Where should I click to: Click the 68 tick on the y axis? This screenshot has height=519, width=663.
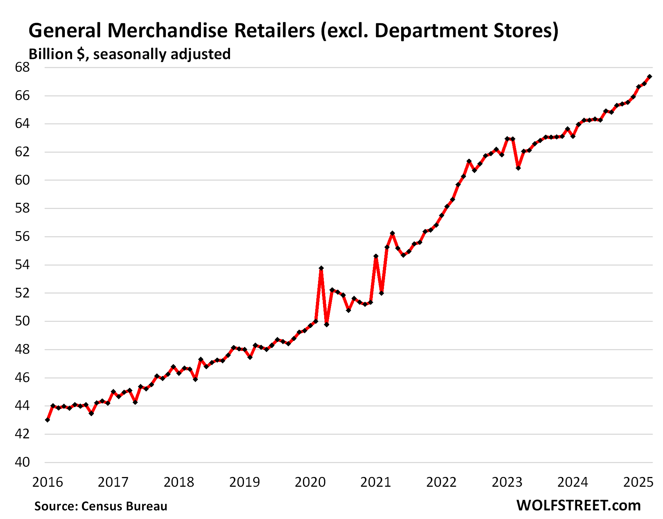tap(22, 67)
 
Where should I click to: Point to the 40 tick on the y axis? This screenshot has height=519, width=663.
tap(22, 462)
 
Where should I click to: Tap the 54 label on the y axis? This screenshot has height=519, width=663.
tap(22, 265)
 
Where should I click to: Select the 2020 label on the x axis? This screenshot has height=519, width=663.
tap(310, 482)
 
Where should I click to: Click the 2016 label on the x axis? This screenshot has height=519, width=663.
tap(47, 482)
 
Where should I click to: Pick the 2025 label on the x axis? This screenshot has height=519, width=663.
tap(638, 482)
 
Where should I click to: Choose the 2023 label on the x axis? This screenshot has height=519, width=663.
tap(507, 482)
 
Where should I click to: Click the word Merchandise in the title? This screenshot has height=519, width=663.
tap(167, 30)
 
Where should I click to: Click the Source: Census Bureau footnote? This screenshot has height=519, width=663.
tap(101, 506)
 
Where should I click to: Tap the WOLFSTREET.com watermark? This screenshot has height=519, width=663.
tap(578, 505)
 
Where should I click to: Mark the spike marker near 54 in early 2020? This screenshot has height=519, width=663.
tap(321, 268)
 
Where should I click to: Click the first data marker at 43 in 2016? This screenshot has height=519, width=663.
tap(48, 420)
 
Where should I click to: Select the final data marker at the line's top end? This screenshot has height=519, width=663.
tap(649, 76)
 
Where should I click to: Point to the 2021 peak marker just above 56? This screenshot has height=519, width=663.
tap(392, 233)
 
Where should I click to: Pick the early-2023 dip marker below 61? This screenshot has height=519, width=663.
tap(518, 168)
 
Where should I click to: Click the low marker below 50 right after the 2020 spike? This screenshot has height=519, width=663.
tap(326, 324)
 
